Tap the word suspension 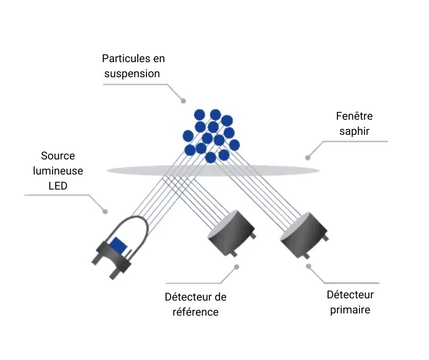point(132,73)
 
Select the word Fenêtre point(354,116)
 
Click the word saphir point(354,131)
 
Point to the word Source point(58,156)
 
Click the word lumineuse point(58,171)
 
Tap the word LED point(58,186)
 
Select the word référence point(196,312)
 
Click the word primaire point(350,310)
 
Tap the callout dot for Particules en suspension point(183,101)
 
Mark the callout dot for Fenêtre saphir point(308,158)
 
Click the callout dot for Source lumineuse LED point(105,212)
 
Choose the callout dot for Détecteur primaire point(309,266)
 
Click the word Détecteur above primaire point(350,295)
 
